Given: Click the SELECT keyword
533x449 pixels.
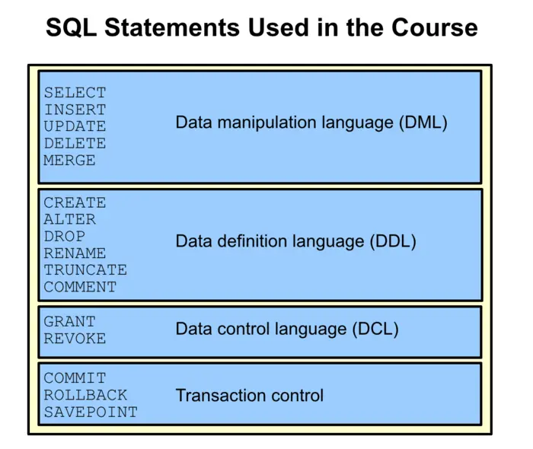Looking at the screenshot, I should pyautogui.click(x=75, y=93).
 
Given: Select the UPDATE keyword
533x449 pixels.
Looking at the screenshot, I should pyautogui.click(x=75, y=126).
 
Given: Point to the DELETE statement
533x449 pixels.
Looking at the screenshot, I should pyautogui.click(x=75, y=143).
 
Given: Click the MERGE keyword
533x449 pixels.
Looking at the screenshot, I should pyautogui.click(x=69, y=161).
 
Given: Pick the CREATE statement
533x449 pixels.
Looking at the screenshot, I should pyautogui.click(x=75, y=203).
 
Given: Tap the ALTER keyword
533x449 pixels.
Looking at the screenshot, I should pyautogui.click(x=69, y=219).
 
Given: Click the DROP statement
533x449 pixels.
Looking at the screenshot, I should pyautogui.click(x=64, y=237).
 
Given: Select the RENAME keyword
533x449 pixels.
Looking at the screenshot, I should pyautogui.click(x=75, y=253).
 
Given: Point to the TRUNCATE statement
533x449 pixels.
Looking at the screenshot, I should pyautogui.click(x=85, y=270).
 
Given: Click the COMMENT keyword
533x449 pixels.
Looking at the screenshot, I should pyautogui.click(x=80, y=288).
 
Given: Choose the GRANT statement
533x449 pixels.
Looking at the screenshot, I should pyautogui.click(x=69, y=322).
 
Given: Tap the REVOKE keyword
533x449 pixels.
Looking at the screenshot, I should pyautogui.click(x=75, y=339).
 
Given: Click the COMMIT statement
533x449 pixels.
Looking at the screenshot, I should pyautogui.click(x=75, y=378).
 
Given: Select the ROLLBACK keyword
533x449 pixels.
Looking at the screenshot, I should pyautogui.click(x=85, y=395).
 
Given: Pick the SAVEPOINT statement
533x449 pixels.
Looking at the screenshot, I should pyautogui.click(x=91, y=412).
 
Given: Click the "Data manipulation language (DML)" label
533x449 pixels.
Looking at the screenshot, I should pyautogui.click(x=311, y=122).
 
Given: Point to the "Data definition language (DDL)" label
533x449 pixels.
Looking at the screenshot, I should pyautogui.click(x=296, y=242).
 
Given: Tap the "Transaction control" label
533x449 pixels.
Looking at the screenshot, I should pyautogui.click(x=250, y=396).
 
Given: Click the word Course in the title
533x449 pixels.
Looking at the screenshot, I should pyautogui.click(x=434, y=28).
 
